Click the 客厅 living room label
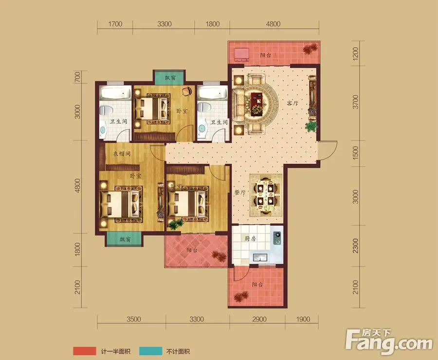(292, 103)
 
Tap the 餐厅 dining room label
(240, 192)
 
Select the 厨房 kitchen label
(250, 238)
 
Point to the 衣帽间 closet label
(122, 153)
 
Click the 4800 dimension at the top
(273, 24)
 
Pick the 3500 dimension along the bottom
(133, 319)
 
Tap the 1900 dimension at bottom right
(303, 319)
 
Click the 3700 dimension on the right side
(355, 102)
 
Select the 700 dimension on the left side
(77, 77)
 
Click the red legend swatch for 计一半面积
(84, 351)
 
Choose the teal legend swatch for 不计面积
(150, 351)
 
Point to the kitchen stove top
(277, 238)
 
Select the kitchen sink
(260, 257)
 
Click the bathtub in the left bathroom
(115, 93)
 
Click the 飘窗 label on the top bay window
(170, 77)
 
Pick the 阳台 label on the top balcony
(265, 55)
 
